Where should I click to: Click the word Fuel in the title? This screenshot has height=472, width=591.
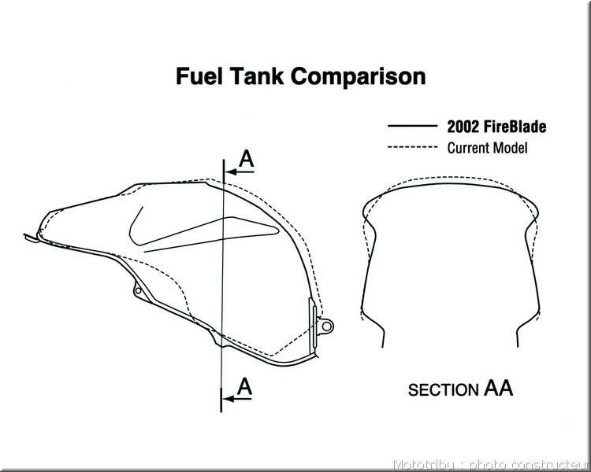click(x=199, y=76)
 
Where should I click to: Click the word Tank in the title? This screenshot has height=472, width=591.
click(x=257, y=76)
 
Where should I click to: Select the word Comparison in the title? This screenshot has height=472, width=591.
click(x=358, y=77)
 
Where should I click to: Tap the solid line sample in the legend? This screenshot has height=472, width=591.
click(x=412, y=126)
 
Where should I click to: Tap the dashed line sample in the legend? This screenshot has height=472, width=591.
click(x=412, y=147)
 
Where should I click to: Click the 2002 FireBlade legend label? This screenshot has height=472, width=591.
click(x=496, y=127)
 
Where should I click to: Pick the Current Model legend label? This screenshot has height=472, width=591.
click(x=487, y=148)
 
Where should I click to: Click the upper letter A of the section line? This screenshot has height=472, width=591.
click(x=247, y=159)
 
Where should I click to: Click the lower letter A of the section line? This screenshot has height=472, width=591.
click(x=244, y=386)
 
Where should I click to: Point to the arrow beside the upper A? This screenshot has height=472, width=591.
click(x=240, y=172)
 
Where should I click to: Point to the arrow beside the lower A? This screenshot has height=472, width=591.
click(x=237, y=399)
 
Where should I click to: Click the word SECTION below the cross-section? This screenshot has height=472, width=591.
click(x=443, y=390)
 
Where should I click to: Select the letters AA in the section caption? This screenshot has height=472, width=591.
click(x=498, y=388)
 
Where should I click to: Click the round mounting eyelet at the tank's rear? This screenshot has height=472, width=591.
click(x=326, y=326)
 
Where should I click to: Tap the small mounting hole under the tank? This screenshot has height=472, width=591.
click(x=139, y=290)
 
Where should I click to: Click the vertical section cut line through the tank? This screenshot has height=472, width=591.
click(x=222, y=286)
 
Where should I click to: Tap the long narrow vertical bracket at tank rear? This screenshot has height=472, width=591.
click(x=313, y=323)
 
